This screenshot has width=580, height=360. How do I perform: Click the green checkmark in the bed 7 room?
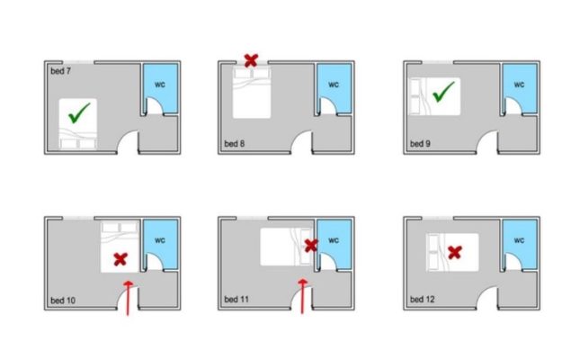click(x=78, y=114)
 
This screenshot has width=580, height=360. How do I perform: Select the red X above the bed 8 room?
click(x=251, y=60)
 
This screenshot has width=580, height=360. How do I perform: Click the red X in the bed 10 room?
click(x=120, y=259)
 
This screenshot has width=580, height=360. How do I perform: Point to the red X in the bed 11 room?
click(x=311, y=246)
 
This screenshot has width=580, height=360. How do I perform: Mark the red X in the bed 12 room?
click(x=455, y=253)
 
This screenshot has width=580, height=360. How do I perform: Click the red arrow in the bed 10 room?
click(x=128, y=298)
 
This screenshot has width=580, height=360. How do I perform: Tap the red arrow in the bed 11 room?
click(x=302, y=297)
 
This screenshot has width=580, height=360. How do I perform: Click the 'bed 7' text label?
click(x=60, y=71)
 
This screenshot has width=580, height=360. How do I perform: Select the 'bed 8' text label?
click(x=234, y=143)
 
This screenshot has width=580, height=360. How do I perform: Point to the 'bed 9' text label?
click(x=420, y=143)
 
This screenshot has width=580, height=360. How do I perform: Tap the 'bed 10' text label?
click(x=63, y=300)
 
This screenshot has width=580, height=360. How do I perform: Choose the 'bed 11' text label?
click(x=236, y=299)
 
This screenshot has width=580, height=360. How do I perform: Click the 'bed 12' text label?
click(x=422, y=299)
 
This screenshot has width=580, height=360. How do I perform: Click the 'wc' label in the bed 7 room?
click(x=160, y=85)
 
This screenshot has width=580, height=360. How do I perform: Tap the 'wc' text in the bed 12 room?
click(x=519, y=240)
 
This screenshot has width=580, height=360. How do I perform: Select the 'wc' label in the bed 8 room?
click(x=334, y=85)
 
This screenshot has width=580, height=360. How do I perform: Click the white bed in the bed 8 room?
click(x=252, y=93)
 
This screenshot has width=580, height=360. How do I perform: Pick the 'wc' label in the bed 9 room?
click(x=519, y=85)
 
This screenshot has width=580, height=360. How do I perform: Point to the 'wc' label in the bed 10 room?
click(x=160, y=240)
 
